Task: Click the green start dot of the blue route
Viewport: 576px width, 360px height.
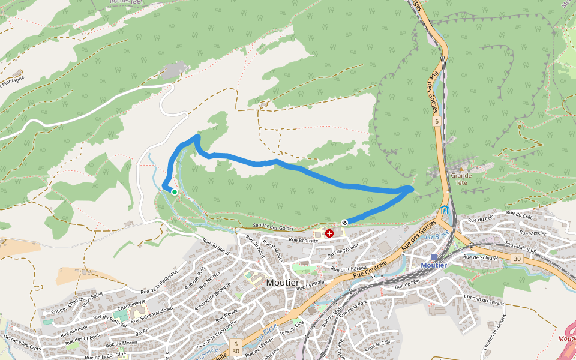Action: point(174,192)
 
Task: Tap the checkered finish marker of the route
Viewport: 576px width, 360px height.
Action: point(344,223)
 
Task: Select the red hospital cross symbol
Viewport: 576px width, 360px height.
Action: point(329,233)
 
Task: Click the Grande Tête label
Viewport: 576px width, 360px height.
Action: point(461,179)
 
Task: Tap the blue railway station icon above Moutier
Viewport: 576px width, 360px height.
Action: point(434,257)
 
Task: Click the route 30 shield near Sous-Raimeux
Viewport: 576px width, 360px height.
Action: point(517,259)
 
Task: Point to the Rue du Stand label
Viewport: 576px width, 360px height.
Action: point(216,247)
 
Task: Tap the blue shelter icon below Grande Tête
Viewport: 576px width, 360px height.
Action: point(444,209)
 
